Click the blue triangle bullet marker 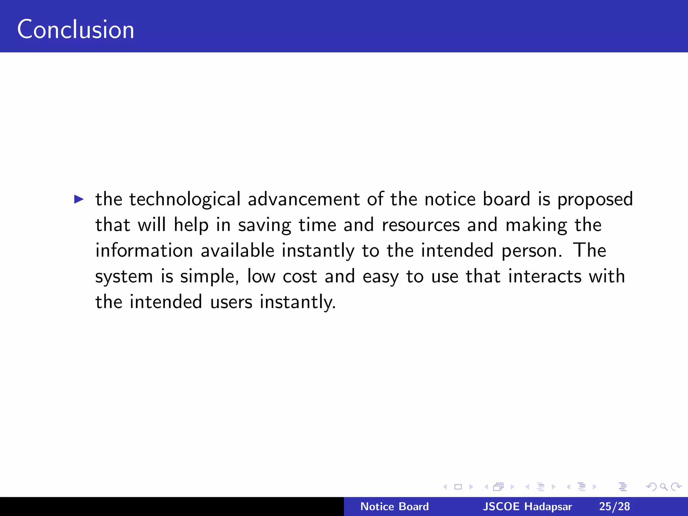click(x=79, y=199)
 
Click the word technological click(x=185, y=199)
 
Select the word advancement click(x=304, y=199)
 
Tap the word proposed click(x=595, y=200)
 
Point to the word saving click(x=264, y=225)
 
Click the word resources click(x=421, y=225)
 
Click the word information click(x=144, y=251)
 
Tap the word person click(x=531, y=251)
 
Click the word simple click(x=209, y=277)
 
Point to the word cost click(x=300, y=276)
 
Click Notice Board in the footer click(x=394, y=506)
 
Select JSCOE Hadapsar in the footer click(x=527, y=506)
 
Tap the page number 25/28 click(x=614, y=506)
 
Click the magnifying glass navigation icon click(x=663, y=486)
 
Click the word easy click(x=381, y=277)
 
